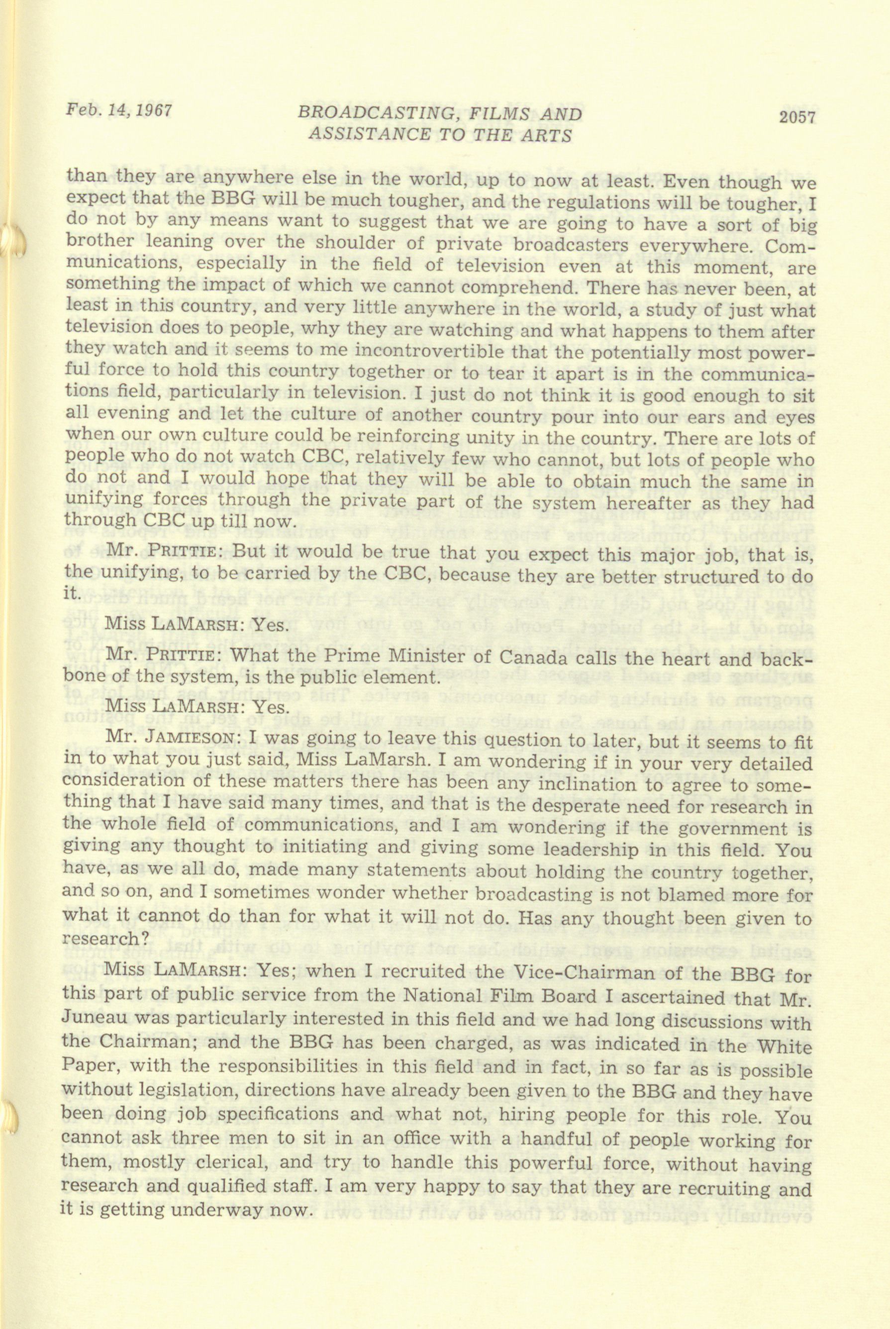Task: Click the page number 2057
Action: click(x=793, y=118)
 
